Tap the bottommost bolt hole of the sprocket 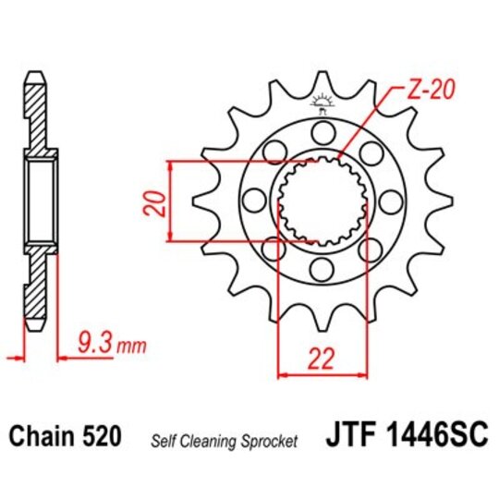click(x=321, y=269)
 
